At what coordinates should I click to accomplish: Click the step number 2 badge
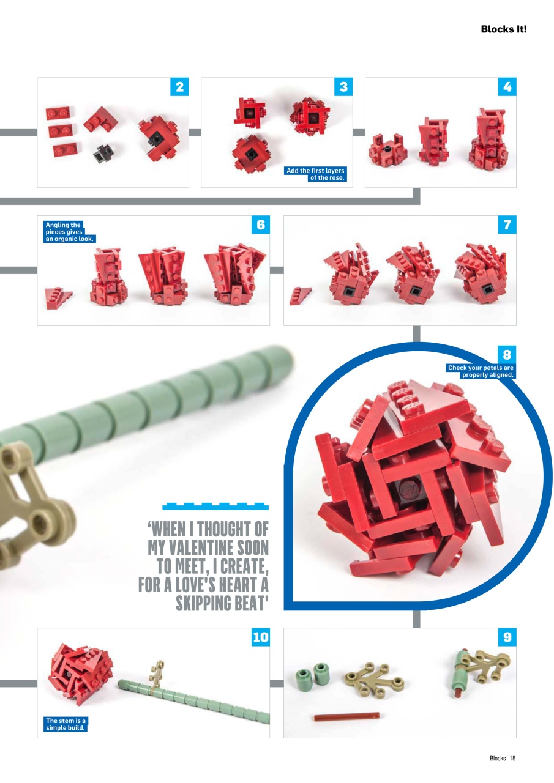click(x=179, y=87)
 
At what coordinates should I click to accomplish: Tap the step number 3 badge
click(x=343, y=87)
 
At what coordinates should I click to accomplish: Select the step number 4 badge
click(x=507, y=87)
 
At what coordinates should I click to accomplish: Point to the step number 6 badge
click(x=261, y=225)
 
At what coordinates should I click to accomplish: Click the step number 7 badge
click(x=507, y=225)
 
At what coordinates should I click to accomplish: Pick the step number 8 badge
click(x=507, y=354)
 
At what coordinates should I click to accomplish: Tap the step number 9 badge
click(x=507, y=637)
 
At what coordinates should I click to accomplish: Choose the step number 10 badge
click(x=261, y=637)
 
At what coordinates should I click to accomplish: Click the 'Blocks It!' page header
click(x=503, y=29)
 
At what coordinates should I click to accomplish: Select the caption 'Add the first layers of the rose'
click(x=316, y=174)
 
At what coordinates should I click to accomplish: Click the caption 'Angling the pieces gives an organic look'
click(x=69, y=232)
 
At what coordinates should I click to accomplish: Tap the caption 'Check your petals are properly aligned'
click(x=480, y=371)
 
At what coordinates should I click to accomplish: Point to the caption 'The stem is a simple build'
click(x=66, y=724)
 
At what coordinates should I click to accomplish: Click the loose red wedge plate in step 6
click(x=58, y=299)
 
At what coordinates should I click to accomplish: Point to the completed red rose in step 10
click(x=80, y=675)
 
